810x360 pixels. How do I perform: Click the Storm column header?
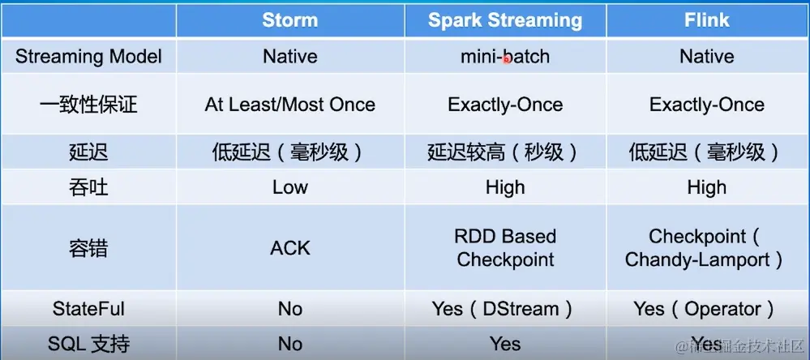pos(289,20)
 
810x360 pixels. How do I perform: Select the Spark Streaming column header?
pos(504,20)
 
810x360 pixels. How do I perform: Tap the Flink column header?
pos(706,20)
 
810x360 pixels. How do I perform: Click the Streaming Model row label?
pos(88,57)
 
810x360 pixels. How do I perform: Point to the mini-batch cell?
pos(504,57)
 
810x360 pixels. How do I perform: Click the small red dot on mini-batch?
pos(507,59)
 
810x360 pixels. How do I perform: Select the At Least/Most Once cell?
pos(289,105)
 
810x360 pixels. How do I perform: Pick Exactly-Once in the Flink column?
pos(706,105)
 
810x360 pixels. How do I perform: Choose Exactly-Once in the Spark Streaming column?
pos(504,105)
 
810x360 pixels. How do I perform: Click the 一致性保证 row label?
pos(88,105)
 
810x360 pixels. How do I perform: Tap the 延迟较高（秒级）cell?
pos(504,152)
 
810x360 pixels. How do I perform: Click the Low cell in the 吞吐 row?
pos(289,187)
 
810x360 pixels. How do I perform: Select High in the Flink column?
pos(706,187)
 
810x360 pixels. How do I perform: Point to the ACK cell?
pos(289,247)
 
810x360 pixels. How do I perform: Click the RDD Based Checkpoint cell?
pos(504,247)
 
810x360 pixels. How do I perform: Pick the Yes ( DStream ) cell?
pos(504,309)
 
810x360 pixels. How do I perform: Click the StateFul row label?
pos(88,309)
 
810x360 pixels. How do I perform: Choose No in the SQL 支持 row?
pos(289,344)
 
